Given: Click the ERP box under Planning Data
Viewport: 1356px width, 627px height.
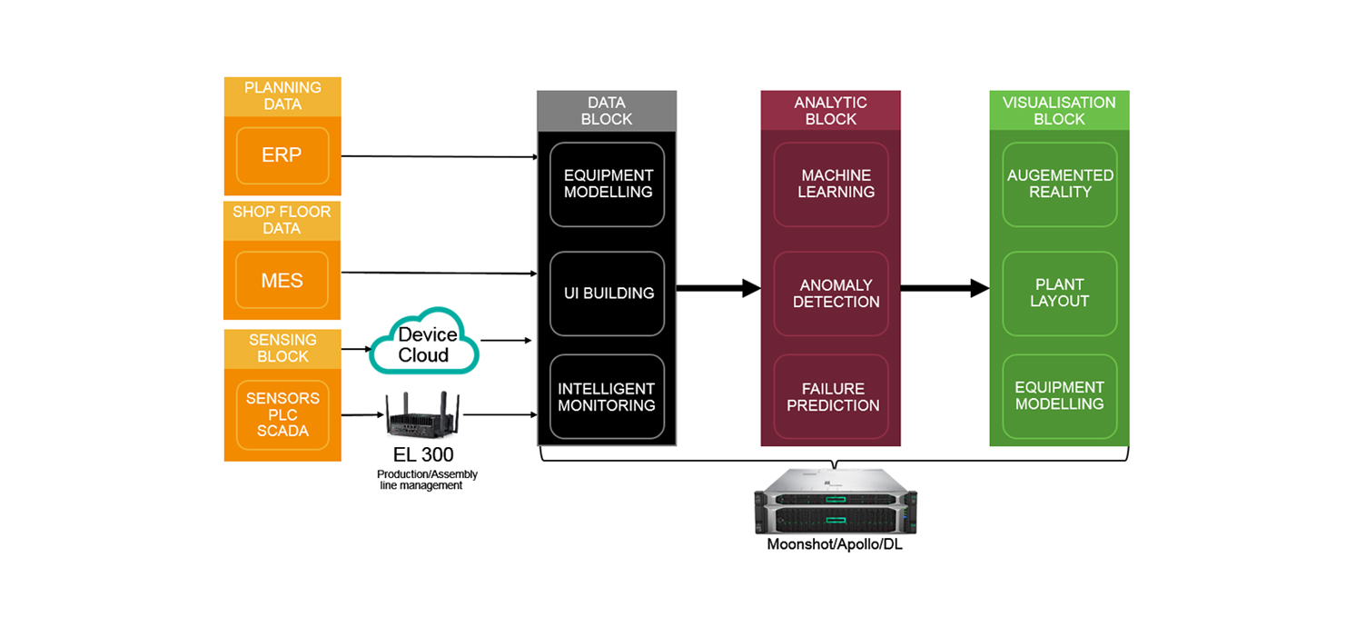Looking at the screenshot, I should point(282,155).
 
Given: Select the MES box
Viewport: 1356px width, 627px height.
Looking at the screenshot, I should point(282,280).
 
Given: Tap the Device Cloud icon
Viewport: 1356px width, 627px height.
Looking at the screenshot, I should point(425,342).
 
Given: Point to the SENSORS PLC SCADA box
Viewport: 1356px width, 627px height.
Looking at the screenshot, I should point(282,414).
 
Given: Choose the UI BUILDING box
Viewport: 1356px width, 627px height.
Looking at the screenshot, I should point(607,294).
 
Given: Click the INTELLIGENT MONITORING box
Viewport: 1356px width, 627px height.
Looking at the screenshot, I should point(607,397).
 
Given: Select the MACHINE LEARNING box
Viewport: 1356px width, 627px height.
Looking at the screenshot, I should point(831,184).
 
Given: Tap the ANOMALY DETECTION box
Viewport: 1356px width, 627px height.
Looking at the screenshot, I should point(831,294).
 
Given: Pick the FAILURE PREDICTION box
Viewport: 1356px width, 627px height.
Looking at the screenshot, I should point(831,397).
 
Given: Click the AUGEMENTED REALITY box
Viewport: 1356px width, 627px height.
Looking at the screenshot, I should point(1059,184).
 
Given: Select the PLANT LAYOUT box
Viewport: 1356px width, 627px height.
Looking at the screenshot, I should point(1059,293).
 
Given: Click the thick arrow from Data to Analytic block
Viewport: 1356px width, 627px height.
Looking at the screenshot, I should point(718,288).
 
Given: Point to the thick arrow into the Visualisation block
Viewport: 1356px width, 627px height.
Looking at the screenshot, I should point(945,288).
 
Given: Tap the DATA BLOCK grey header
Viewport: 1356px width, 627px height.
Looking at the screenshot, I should point(607,111).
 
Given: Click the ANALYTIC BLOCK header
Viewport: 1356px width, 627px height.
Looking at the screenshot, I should point(830,111).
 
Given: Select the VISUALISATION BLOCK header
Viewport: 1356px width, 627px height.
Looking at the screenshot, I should point(1059,111).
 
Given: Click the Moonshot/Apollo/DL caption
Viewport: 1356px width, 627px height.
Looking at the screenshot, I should point(835,545).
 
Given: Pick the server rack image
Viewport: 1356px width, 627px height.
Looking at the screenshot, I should point(836,502).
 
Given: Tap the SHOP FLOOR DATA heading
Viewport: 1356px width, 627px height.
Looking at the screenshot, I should point(282,220).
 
